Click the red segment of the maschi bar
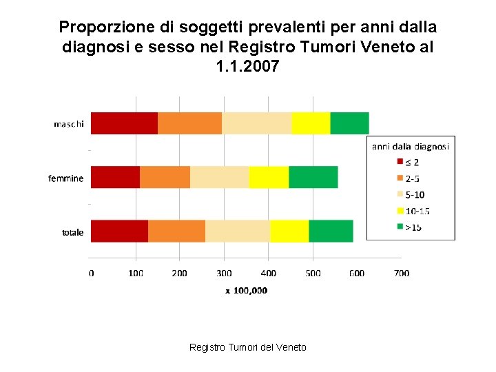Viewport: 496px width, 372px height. click(x=124, y=123)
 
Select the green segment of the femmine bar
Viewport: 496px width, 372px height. click(x=313, y=177)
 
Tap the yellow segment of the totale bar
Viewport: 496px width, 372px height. click(x=289, y=231)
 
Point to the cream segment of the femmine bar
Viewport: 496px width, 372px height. click(x=220, y=177)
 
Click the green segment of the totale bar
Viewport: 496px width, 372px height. click(x=331, y=231)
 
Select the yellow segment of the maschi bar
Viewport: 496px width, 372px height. click(x=311, y=123)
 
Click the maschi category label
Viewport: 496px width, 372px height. click(x=69, y=124)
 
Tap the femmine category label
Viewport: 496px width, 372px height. click(x=66, y=178)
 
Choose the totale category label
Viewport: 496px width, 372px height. click(x=73, y=232)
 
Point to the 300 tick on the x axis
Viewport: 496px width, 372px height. click(x=224, y=273)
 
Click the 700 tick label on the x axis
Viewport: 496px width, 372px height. click(x=401, y=273)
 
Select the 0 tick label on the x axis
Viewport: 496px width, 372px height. click(x=92, y=273)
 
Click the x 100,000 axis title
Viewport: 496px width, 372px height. click(x=247, y=291)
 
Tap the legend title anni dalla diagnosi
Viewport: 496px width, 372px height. click(x=411, y=146)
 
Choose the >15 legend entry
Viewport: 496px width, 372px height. click(x=412, y=227)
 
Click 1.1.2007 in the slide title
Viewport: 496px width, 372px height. click(x=247, y=67)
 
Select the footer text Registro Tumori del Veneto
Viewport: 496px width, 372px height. click(x=247, y=347)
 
